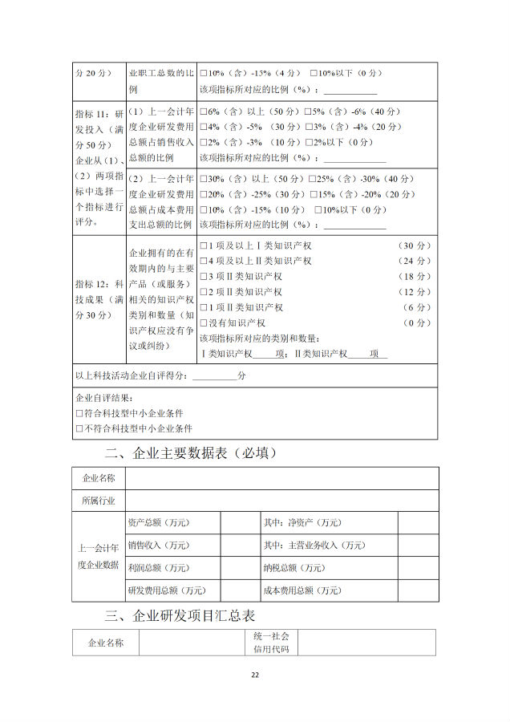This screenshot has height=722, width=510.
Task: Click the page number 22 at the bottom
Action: point(255,675)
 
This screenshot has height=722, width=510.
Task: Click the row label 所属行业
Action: point(99,501)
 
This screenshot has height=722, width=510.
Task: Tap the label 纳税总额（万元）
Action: point(293,568)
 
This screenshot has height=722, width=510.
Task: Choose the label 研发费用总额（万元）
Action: point(167,590)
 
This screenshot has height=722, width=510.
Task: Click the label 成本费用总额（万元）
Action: point(302,590)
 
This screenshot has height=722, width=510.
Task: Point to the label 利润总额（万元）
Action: point(158,568)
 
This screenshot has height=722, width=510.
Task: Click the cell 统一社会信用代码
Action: point(270,642)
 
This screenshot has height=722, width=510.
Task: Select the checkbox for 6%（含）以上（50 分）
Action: point(204,112)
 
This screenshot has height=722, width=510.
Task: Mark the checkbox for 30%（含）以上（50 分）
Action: point(204,179)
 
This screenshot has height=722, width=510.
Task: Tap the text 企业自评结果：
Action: point(103,399)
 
